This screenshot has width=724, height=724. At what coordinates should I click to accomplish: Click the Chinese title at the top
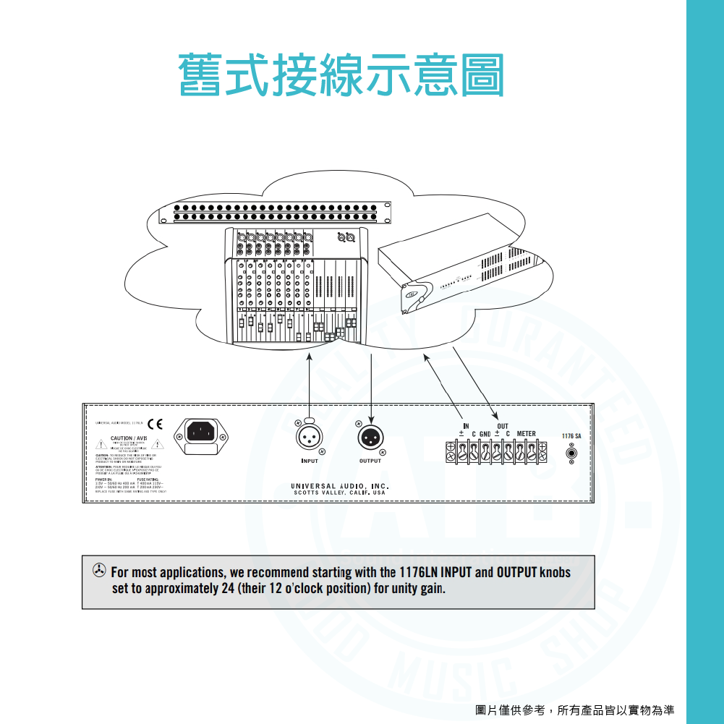(341, 74)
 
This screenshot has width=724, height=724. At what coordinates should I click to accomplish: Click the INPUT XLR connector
(309, 437)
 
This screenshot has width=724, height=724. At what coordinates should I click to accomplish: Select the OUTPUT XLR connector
(370, 437)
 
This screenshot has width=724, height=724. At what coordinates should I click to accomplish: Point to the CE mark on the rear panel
(156, 423)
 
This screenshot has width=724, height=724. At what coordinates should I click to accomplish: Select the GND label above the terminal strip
(485, 434)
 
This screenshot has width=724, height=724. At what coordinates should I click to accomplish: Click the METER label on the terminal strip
(526, 434)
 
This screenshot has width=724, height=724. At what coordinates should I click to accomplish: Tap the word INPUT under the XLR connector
(309, 461)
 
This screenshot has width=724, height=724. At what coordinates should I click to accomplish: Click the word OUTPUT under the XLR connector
(370, 461)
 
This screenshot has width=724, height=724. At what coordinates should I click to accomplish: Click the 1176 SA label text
(571, 437)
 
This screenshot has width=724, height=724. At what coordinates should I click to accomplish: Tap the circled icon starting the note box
(98, 571)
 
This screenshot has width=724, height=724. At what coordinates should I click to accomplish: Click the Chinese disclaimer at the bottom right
(574, 710)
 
